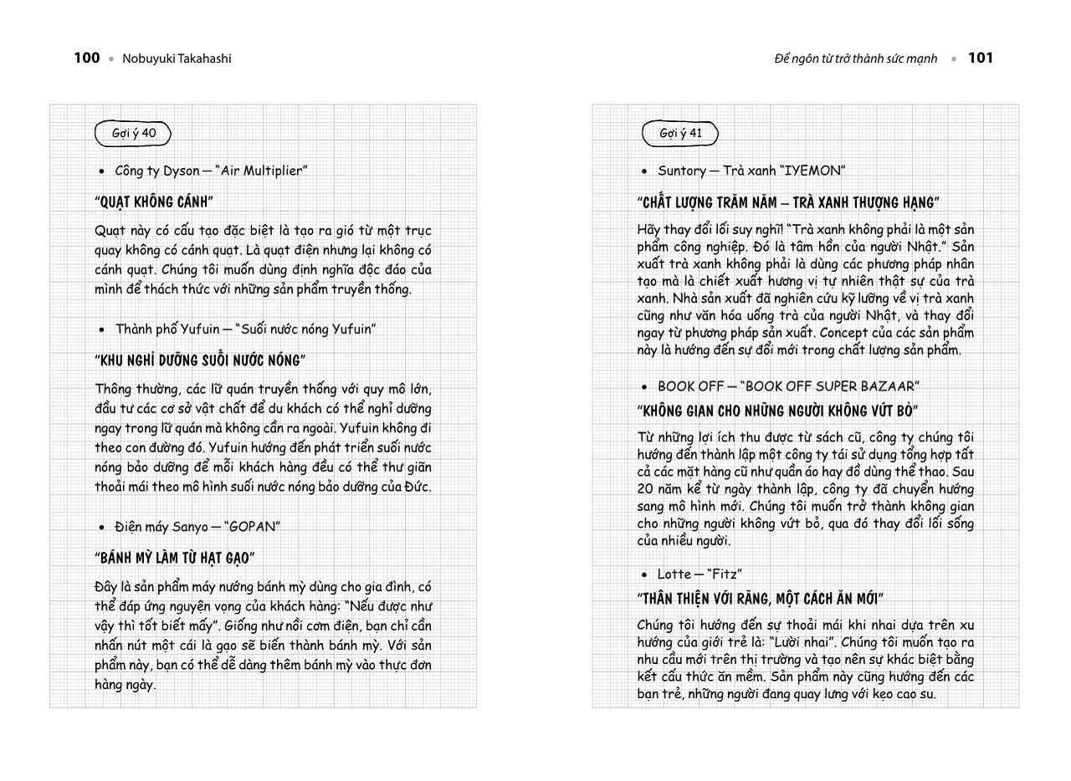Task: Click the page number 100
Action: click(x=86, y=58)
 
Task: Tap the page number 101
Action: click(x=980, y=58)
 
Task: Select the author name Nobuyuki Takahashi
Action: click(x=177, y=59)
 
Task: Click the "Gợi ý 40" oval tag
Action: click(x=133, y=133)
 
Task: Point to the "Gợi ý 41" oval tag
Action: click(x=680, y=133)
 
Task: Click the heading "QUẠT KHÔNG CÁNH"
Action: click(x=154, y=202)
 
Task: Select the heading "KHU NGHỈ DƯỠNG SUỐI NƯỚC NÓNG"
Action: click(x=200, y=360)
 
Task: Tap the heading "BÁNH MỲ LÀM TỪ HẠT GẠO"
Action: click(x=175, y=558)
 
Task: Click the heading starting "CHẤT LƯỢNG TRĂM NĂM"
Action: click(x=788, y=202)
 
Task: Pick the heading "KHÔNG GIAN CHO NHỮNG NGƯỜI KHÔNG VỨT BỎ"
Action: click(x=777, y=411)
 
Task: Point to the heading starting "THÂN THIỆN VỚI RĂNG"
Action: click(x=760, y=599)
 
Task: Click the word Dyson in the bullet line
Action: click(x=181, y=171)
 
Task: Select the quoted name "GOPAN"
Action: click(x=252, y=527)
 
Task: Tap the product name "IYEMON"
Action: click(x=812, y=171)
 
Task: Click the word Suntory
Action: click(x=681, y=171)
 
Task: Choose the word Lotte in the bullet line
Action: click(x=674, y=574)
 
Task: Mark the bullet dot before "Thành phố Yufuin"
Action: click(x=102, y=330)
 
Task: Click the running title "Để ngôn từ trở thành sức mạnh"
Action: click(x=855, y=59)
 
